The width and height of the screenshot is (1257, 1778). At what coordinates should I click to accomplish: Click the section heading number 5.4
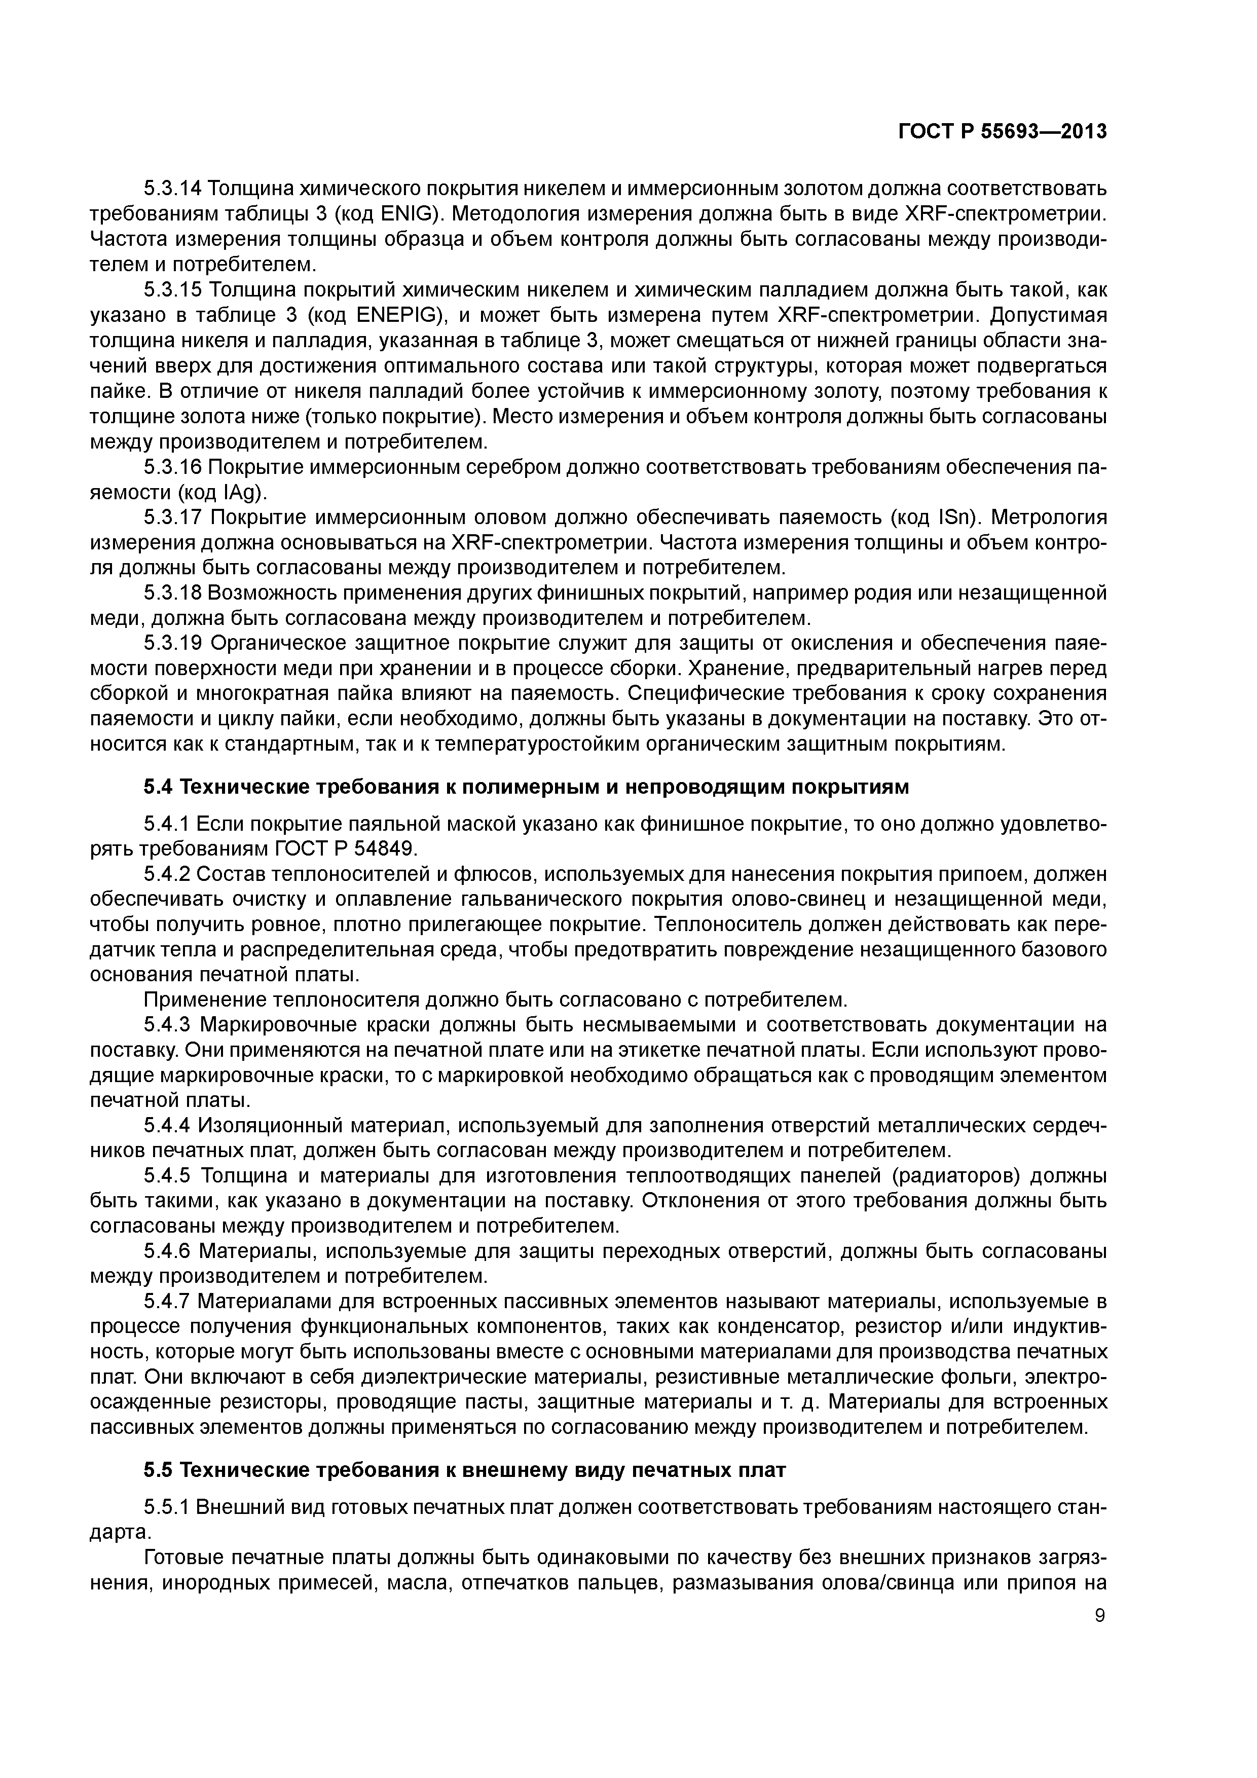pos(159,788)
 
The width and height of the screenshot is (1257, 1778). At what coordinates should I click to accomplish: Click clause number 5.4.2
pos(167,874)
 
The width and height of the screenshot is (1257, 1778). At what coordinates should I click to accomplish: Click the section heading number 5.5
pos(159,1470)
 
